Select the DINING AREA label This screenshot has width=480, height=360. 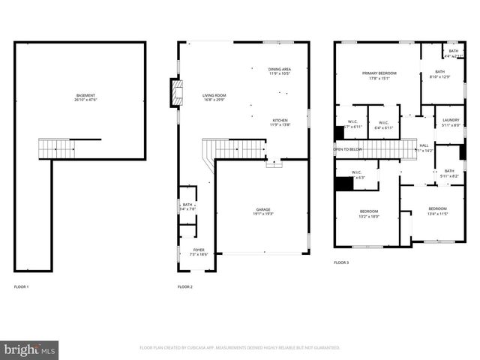pos(280,70)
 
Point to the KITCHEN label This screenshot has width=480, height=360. pos(280,121)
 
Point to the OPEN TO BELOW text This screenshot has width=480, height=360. pos(348,149)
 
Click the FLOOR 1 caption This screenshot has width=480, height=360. pos(22,287)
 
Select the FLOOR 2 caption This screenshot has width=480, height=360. pos(185,287)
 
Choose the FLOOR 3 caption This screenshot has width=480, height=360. pos(341,262)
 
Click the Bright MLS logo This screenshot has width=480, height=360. pos(30,349)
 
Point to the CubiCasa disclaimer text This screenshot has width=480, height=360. pos(240,348)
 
